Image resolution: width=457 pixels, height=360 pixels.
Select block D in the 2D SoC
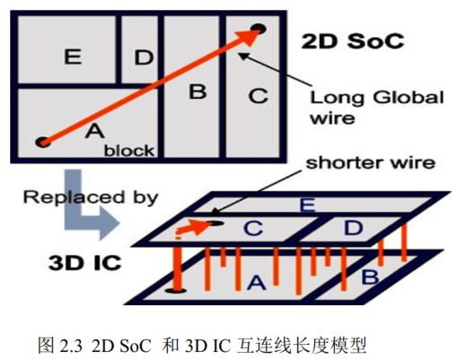144,57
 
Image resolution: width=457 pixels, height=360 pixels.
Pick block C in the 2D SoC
258,94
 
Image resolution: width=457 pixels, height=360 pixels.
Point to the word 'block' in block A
129,150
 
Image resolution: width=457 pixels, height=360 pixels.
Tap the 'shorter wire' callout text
371,163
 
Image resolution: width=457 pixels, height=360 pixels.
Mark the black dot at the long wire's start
41,140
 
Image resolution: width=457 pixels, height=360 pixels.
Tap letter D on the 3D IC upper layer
353,229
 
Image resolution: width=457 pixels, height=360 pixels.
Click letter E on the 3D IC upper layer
307,206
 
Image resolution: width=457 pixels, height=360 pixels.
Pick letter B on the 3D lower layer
371,277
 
